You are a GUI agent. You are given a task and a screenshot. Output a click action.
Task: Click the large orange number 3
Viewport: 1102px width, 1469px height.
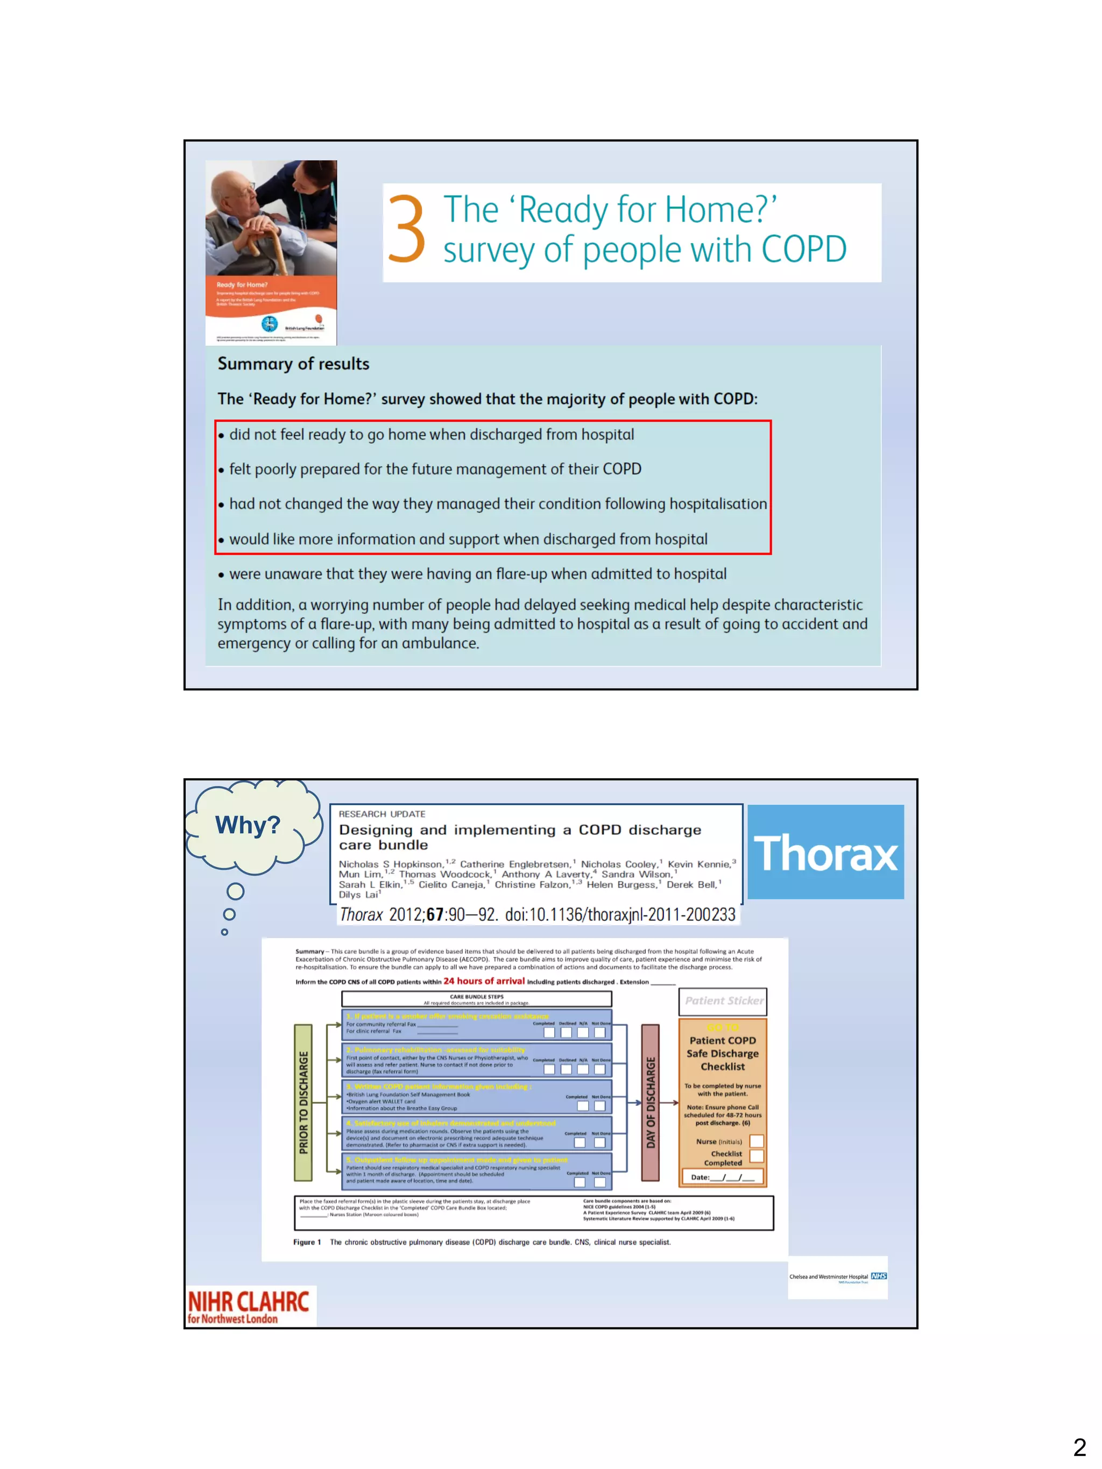(406, 229)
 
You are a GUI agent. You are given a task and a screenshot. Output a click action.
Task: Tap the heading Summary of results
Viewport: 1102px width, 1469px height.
(293, 364)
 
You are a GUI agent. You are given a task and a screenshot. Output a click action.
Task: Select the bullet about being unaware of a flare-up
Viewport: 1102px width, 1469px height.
(477, 574)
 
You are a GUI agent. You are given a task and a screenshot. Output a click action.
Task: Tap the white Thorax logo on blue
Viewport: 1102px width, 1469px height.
(825, 853)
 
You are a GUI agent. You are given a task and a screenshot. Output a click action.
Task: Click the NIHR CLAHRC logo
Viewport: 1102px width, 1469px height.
(249, 1305)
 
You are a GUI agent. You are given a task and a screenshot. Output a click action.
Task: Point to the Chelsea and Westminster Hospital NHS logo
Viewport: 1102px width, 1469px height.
(838, 1276)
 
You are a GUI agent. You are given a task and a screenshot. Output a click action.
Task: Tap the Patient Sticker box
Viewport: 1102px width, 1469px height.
(723, 1001)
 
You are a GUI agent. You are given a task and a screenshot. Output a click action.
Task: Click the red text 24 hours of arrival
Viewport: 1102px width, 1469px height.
(484, 981)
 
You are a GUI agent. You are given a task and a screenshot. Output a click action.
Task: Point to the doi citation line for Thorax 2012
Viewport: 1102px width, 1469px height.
(538, 914)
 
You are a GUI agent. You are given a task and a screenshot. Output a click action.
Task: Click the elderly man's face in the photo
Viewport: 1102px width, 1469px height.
(238, 193)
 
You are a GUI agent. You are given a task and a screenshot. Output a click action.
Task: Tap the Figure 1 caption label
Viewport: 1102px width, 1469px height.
(307, 1242)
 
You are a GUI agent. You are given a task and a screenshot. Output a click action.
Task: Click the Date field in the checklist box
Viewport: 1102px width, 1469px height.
(722, 1177)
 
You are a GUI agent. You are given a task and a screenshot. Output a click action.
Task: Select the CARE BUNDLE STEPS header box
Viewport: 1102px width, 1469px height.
(476, 999)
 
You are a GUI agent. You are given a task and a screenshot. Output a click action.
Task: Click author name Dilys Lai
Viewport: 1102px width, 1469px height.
(359, 895)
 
